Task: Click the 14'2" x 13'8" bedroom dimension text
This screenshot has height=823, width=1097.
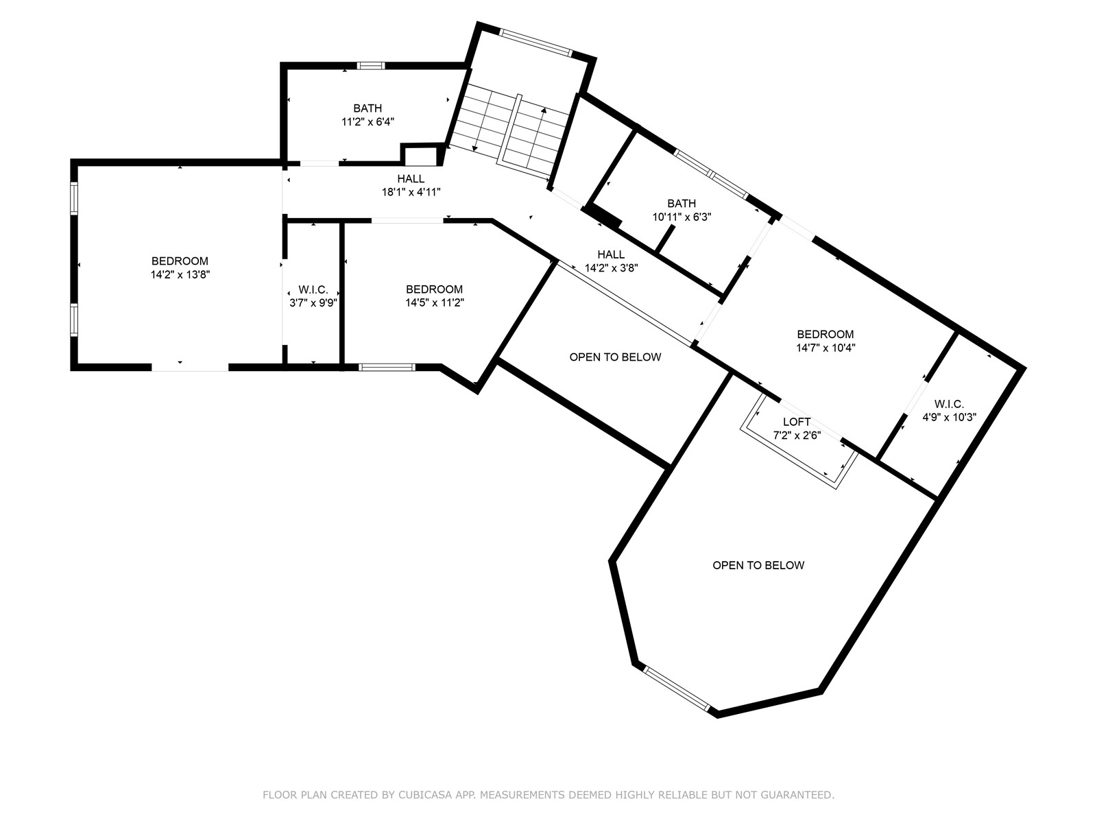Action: (180, 274)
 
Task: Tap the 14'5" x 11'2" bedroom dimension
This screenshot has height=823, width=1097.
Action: (434, 302)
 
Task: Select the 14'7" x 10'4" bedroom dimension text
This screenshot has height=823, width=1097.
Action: (825, 348)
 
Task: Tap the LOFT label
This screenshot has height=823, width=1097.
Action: (796, 422)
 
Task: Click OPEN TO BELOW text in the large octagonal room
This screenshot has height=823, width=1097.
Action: (758, 565)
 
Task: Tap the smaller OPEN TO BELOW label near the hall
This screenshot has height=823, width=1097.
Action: (615, 357)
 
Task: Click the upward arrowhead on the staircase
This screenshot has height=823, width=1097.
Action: (544, 110)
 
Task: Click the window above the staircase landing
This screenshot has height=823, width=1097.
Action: (535, 42)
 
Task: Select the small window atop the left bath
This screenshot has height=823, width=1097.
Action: (370, 66)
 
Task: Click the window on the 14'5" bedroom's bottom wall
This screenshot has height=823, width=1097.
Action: (387, 367)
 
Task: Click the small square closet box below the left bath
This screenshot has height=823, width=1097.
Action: (420, 156)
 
